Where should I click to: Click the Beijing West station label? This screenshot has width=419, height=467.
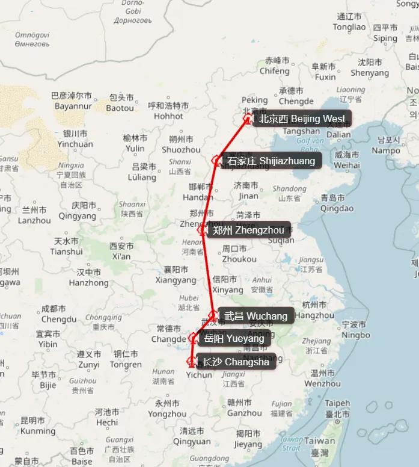(x=301, y=119)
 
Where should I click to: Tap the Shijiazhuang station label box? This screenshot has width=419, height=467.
(x=271, y=161)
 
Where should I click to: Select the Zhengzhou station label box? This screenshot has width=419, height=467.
(x=249, y=230)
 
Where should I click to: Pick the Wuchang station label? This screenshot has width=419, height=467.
(x=255, y=316)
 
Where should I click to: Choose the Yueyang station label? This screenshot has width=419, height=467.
(x=234, y=339)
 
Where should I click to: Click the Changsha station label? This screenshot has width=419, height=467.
(x=236, y=362)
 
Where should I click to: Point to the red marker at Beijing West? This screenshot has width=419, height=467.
(x=247, y=119)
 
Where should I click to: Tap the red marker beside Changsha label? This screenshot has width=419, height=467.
(x=192, y=362)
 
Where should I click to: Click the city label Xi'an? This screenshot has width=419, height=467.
(x=121, y=252)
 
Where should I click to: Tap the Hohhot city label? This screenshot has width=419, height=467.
(x=168, y=111)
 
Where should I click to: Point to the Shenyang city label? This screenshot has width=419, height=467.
(x=370, y=67)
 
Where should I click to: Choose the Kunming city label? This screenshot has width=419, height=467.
(x=33, y=425)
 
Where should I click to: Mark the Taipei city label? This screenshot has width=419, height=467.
(x=337, y=409)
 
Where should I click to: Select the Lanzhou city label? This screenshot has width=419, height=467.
(x=34, y=215)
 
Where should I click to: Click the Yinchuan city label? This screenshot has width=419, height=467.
(x=75, y=139)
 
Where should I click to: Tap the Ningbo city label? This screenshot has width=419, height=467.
(x=356, y=330)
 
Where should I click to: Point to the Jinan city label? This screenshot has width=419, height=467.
(x=248, y=191)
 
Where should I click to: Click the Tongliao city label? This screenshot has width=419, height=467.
(x=349, y=22)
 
